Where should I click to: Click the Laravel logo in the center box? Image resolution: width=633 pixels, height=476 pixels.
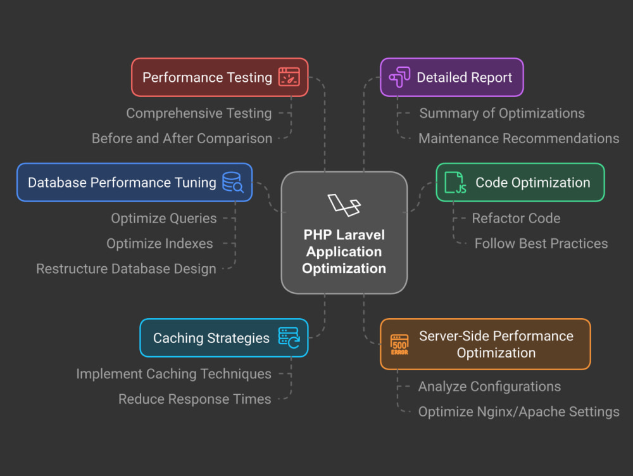pyautogui.click(x=344, y=205)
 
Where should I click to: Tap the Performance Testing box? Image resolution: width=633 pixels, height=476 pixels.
pyautogui.click(x=220, y=77)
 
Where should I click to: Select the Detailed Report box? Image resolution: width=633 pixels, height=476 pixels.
pyautogui.click(x=452, y=77)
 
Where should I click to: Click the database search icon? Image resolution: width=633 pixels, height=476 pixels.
pyautogui.click(x=233, y=183)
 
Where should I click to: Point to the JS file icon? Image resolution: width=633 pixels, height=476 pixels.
pyautogui.click(x=455, y=183)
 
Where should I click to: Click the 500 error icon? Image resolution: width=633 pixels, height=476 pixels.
pyautogui.click(x=399, y=345)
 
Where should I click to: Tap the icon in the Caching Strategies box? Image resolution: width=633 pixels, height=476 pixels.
pyautogui.click(x=289, y=338)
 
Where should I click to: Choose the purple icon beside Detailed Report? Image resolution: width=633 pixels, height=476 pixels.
pyautogui.click(x=399, y=77)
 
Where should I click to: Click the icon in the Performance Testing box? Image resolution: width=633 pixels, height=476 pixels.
pyautogui.click(x=289, y=77)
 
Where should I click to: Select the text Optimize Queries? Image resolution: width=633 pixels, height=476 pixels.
pyautogui.click(x=164, y=218)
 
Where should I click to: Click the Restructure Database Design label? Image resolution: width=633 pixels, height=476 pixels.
pyautogui.click(x=127, y=269)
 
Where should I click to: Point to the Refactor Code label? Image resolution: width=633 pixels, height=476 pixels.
pyautogui.click(x=516, y=218)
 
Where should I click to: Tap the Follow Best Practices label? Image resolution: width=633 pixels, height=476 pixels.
pyautogui.click(x=541, y=243)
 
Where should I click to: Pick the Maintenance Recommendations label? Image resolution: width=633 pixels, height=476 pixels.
pyautogui.click(x=519, y=138)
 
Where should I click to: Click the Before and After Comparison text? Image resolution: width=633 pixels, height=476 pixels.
pyautogui.click(x=182, y=138)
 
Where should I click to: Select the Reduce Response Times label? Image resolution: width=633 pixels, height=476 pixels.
pyautogui.click(x=194, y=399)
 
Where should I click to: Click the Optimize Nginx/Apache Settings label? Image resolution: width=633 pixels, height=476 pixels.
pyautogui.click(x=519, y=411)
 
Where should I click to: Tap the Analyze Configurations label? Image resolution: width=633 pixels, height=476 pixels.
pyautogui.click(x=489, y=386)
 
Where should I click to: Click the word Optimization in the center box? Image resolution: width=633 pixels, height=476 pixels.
pyautogui.click(x=344, y=268)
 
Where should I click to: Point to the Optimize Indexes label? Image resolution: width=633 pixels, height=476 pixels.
pyautogui.click(x=160, y=243)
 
